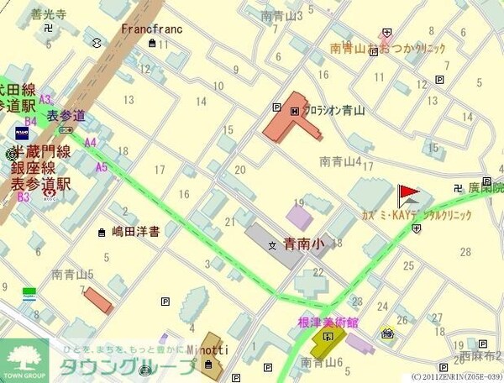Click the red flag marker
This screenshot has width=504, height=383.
coord(407,195)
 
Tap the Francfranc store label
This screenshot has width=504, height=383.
coord(151,28)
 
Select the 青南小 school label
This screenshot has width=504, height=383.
coord(302,245)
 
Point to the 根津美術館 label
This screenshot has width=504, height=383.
coord(328,323)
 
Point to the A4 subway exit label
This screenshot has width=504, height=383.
coord(91,142)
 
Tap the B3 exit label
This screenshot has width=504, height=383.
coord(24,197)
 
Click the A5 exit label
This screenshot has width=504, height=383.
coord(102,166)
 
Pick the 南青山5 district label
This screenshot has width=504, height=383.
coord(72,274)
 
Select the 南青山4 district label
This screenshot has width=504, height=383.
coord(340,161)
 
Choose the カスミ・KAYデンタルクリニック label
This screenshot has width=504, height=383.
coord(404,216)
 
